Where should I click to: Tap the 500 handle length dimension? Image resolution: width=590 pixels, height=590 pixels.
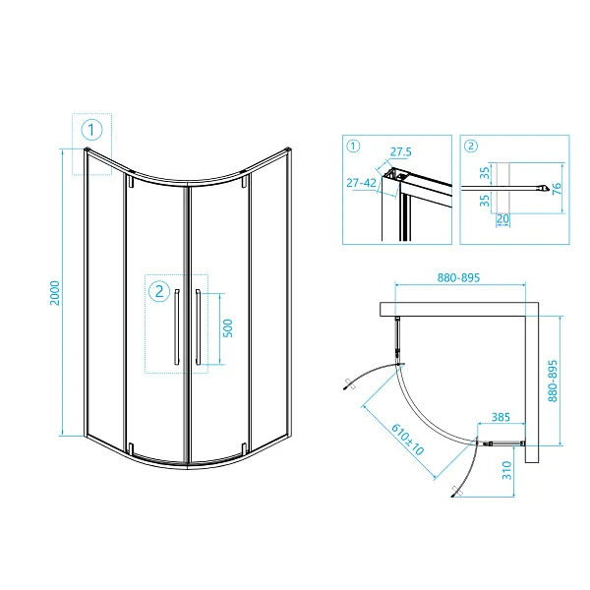tap(228, 327)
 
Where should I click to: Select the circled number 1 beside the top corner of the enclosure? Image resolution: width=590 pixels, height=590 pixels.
tap(91, 129)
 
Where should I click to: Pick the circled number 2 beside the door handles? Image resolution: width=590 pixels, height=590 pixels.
tap(158, 290)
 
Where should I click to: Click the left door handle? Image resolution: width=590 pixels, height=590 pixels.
tap(176, 328)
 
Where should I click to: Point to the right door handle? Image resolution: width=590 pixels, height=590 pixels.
tap(198, 328)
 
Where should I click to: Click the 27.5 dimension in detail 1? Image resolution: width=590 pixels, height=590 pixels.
tap(399, 152)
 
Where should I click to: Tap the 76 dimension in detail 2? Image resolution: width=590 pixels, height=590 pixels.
tap(557, 187)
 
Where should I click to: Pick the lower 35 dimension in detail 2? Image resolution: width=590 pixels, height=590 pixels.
tap(484, 201)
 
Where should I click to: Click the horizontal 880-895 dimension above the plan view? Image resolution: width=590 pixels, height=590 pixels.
tap(457, 278)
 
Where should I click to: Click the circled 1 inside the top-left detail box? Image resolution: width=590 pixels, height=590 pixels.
tap(353, 147)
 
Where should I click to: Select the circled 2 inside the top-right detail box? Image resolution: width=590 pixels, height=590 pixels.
tap(471, 147)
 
